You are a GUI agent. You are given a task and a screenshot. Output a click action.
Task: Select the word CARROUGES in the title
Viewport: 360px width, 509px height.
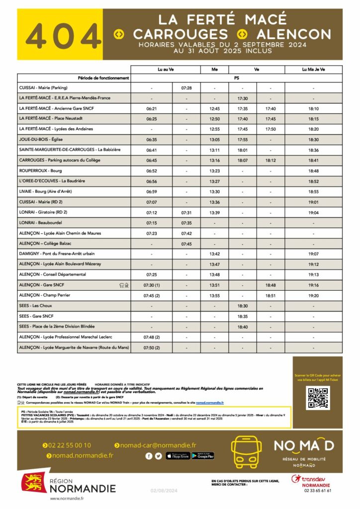coord(180,34)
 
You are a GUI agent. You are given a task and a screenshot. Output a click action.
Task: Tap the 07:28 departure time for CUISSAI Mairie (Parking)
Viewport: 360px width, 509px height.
coord(186,87)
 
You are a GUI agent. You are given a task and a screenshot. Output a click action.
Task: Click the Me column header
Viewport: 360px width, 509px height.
coord(214,69)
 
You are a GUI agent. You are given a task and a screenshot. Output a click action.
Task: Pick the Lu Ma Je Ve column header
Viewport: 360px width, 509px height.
coord(313,69)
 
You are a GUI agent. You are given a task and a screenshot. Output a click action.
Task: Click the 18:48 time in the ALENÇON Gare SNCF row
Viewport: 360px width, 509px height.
coord(271,285)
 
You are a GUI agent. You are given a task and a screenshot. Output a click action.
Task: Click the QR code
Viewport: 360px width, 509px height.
coord(317,398)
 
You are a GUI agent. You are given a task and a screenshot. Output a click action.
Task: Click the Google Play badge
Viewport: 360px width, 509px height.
coord(202,456)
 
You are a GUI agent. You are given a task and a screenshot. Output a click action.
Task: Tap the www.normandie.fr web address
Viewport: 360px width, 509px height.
coord(67,499)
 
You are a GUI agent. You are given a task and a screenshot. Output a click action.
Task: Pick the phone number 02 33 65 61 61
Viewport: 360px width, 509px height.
coord(317,491)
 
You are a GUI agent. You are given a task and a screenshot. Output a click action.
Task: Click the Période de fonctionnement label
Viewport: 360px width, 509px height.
coord(103,78)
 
